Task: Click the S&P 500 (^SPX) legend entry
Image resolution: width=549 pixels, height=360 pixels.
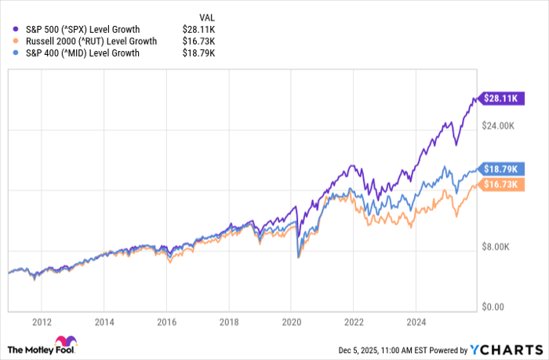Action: click(82, 28)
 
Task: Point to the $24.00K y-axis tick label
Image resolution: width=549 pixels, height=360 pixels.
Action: click(496, 125)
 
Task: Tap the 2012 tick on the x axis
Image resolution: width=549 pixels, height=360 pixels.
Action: click(42, 321)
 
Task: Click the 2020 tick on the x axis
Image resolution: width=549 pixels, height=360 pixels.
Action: click(291, 321)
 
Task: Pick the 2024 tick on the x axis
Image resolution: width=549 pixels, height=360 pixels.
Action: click(416, 321)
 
